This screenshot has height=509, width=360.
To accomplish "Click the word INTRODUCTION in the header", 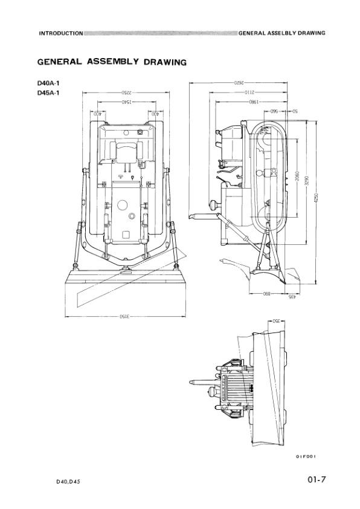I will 60,33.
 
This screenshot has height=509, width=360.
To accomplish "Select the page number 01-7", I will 316,480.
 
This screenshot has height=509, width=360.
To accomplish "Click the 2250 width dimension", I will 124,92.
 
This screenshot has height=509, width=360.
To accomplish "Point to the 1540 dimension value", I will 125,102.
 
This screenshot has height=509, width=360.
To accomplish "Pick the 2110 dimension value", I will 252,92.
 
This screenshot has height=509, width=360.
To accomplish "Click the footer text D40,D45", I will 68,481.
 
